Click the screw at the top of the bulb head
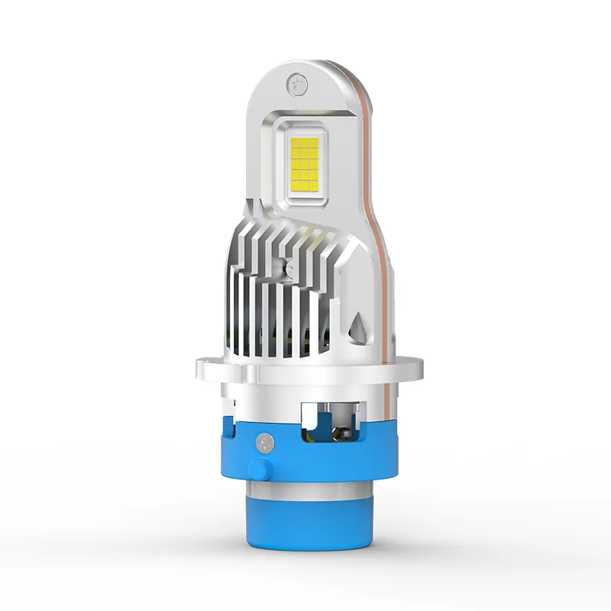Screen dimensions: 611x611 point(296,80)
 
